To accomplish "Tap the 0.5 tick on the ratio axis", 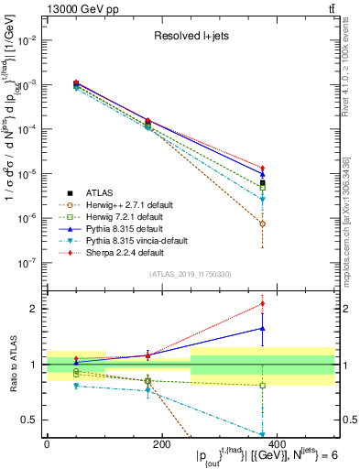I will (x=33, y=420).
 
